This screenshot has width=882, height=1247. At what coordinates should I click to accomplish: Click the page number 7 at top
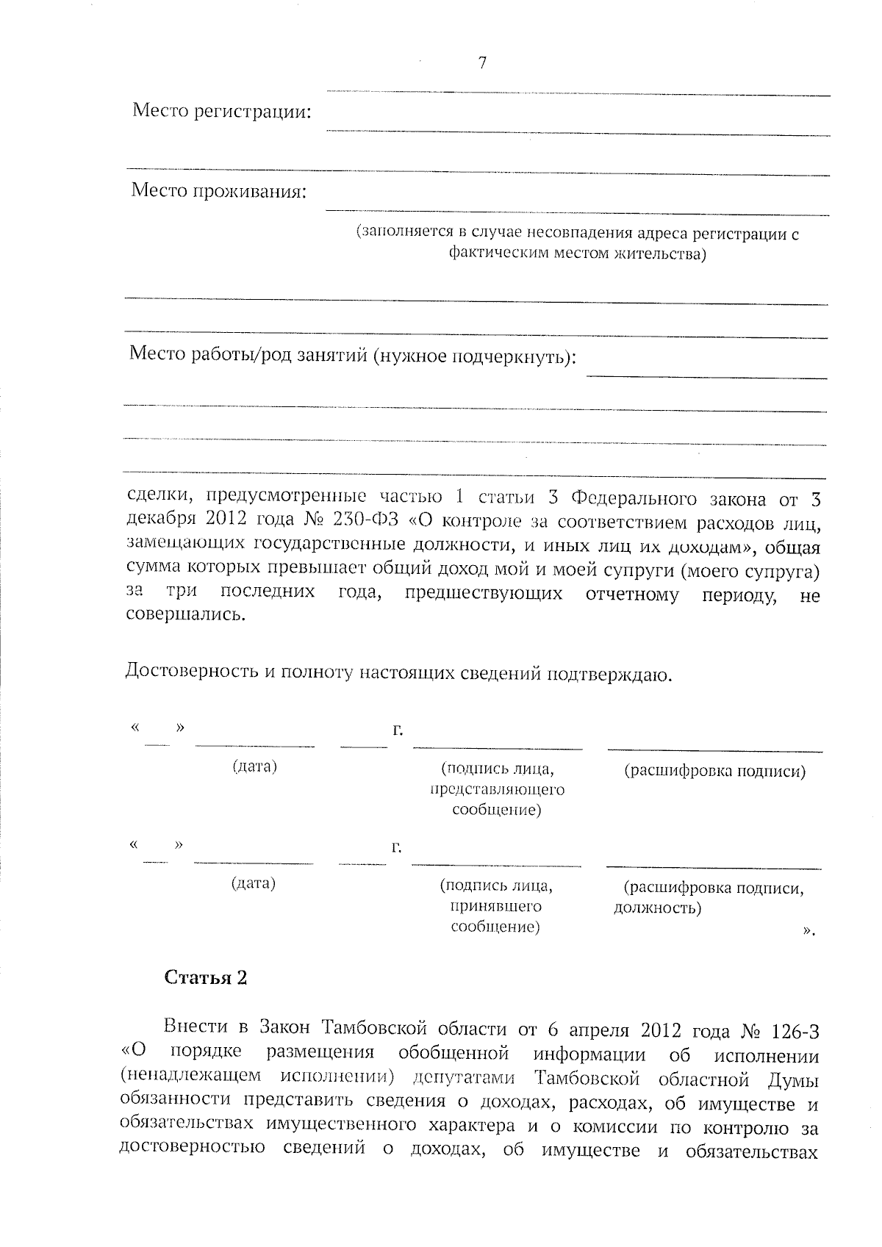pos(482,63)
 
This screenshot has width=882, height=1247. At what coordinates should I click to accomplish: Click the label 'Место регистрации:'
pos(221,112)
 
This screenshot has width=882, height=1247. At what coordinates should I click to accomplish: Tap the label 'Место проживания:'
pos(219,191)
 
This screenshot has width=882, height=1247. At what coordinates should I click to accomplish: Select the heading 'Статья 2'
pos(206,977)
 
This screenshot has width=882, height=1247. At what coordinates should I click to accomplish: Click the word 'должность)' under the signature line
pos(657,908)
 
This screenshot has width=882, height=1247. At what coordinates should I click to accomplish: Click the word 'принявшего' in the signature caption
pos(495,907)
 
